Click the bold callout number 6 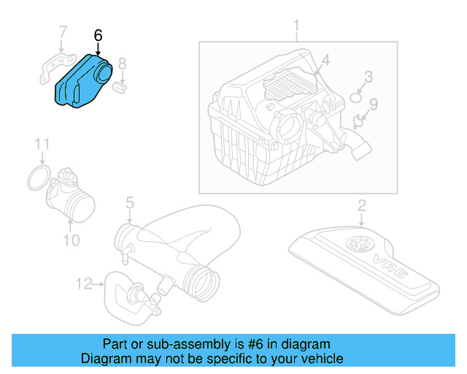coord(99,34)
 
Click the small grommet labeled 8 coord(122,88)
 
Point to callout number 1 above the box coord(296,28)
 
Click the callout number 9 coord(373,104)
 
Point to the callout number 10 coord(72,240)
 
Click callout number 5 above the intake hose coord(129,201)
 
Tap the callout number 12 coord(84,283)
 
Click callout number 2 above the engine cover coord(361,205)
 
